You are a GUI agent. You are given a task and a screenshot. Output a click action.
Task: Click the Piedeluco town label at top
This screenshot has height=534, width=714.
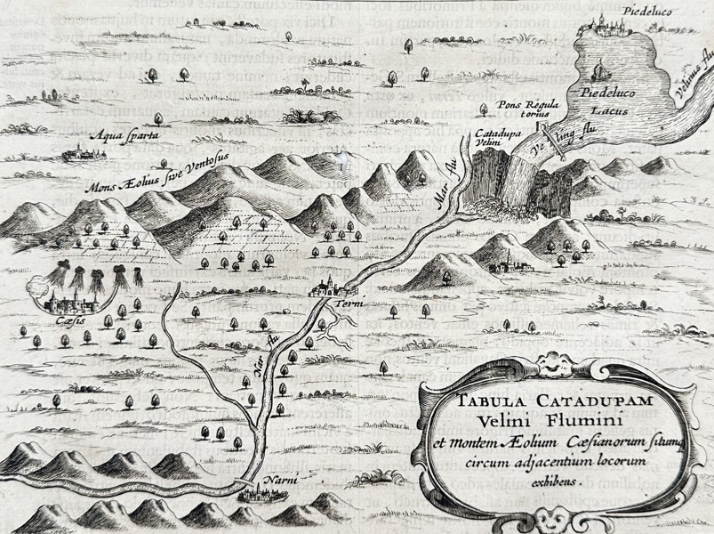click(621, 11)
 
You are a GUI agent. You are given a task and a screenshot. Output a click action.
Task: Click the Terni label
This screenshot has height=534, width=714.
click(347, 305)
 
